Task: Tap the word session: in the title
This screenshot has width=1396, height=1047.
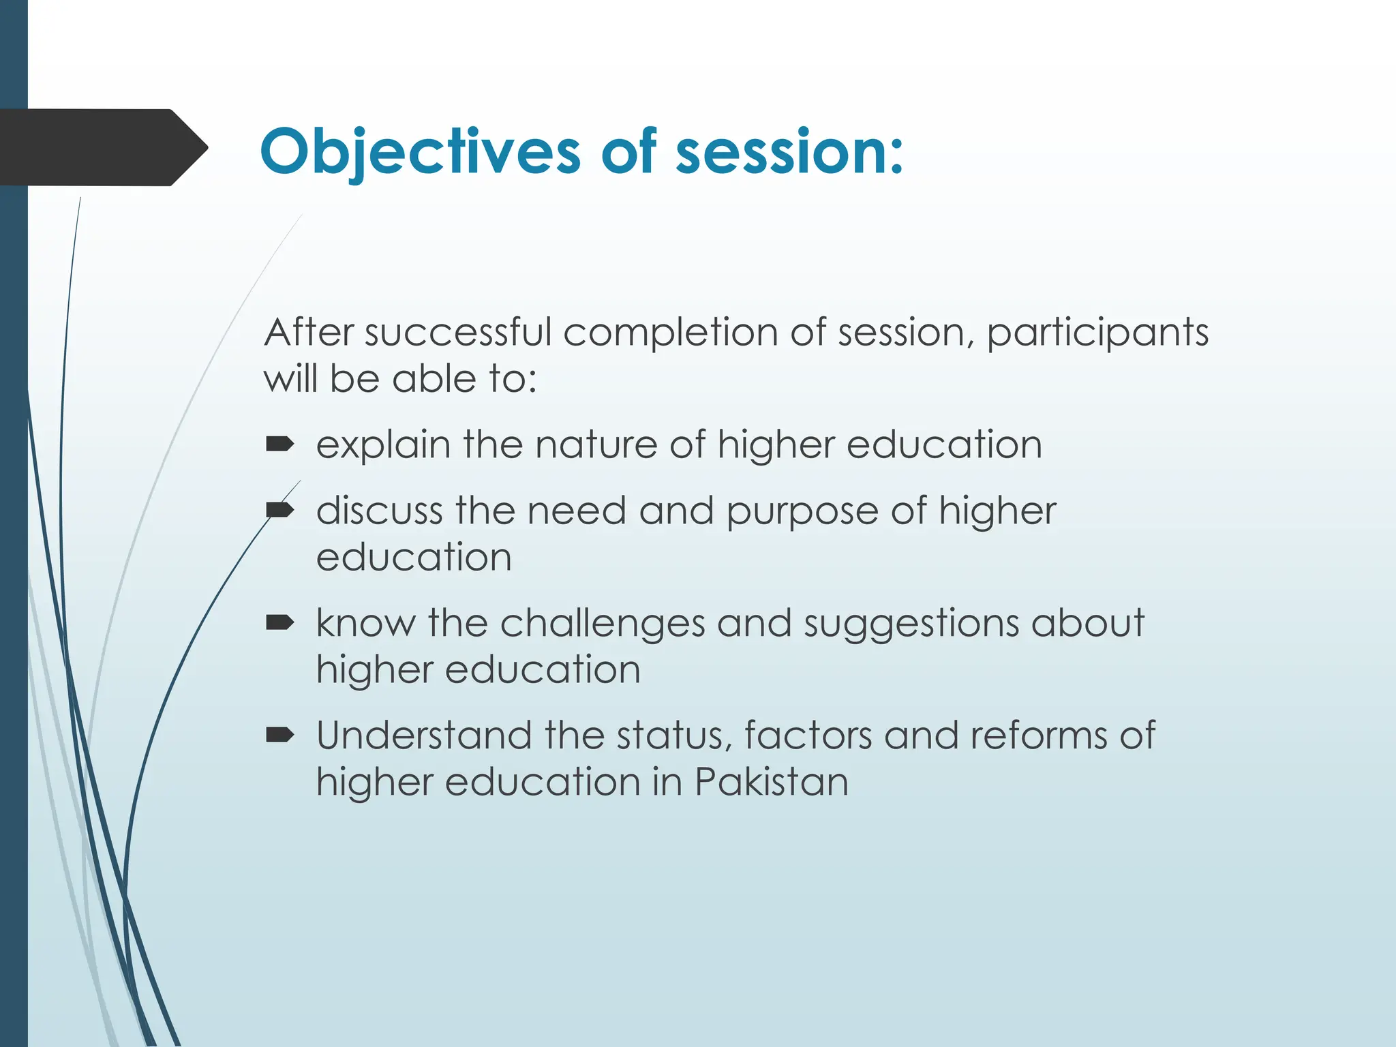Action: (x=789, y=151)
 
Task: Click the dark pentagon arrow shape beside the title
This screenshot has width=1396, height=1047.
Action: (x=102, y=147)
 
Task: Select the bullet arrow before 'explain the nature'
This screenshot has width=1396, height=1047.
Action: (x=279, y=445)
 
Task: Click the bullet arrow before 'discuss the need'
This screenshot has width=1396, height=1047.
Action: (x=279, y=511)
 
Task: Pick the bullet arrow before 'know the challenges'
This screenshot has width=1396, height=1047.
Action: (x=279, y=622)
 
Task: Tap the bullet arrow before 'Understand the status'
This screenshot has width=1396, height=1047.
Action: (x=279, y=735)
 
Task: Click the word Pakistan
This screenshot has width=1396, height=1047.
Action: (x=772, y=781)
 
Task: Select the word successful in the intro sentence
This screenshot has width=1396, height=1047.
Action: (x=458, y=333)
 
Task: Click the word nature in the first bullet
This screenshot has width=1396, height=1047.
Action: (x=596, y=445)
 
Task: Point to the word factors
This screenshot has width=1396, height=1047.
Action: (x=808, y=735)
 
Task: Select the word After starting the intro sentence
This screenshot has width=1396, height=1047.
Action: (x=309, y=333)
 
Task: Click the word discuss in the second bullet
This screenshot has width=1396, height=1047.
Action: (x=379, y=511)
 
